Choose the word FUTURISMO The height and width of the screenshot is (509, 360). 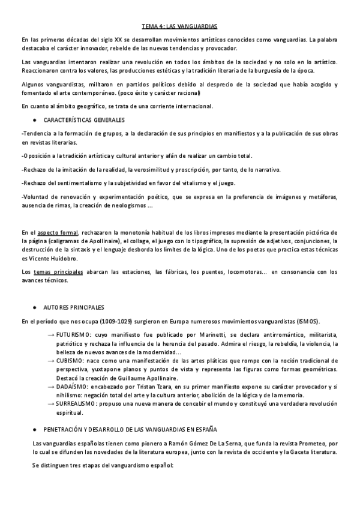[73, 334]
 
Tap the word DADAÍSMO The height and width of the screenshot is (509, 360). [70, 387]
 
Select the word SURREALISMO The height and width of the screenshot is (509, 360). [76, 405]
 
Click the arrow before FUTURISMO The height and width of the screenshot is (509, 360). [51, 334]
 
